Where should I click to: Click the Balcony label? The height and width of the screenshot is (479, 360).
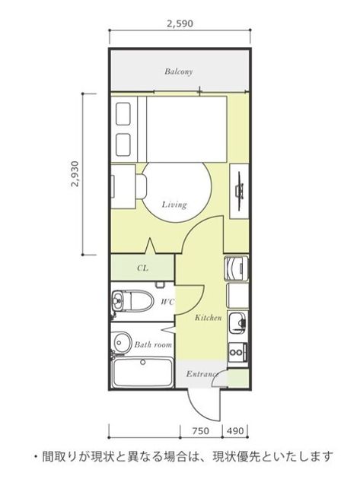tap(179, 71)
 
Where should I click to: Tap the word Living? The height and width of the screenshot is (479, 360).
tap(174, 205)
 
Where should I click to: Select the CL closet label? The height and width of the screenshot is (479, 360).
tap(142, 268)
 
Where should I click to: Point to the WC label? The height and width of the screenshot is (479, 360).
tap(167, 302)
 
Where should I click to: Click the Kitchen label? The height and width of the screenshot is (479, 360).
tap(208, 318)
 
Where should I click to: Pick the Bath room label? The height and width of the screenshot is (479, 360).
tap(153, 345)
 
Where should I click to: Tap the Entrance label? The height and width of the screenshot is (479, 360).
tap(202, 374)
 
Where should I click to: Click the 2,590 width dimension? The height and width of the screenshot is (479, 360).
tap(180, 24)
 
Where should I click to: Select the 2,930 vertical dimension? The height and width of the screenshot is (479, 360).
tap(75, 174)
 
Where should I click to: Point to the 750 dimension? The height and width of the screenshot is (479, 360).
tap(201, 431)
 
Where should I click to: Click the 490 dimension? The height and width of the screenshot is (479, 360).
tap(235, 431)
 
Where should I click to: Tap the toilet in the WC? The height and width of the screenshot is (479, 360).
tap(132, 300)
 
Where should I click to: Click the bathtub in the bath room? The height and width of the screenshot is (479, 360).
tap(142, 373)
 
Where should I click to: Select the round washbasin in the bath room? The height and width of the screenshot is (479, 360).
tap(122, 341)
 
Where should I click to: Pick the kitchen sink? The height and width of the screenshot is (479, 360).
tap(238, 323)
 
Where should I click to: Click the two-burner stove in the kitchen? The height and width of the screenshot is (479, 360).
tap(238, 352)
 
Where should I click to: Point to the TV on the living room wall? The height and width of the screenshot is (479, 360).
tap(240, 191)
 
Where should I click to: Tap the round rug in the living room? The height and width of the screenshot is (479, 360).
tap(177, 192)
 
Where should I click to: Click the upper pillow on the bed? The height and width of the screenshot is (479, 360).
tap(123, 114)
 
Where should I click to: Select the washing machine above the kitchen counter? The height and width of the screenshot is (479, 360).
tap(236, 268)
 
